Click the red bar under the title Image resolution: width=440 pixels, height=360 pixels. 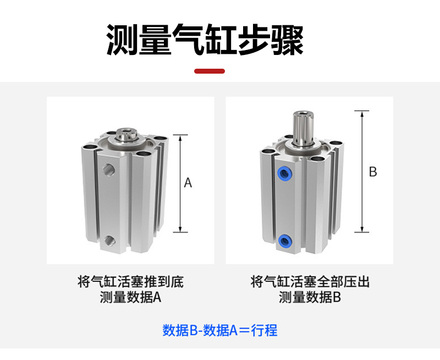point(210,71)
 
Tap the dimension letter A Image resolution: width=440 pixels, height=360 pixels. point(188,183)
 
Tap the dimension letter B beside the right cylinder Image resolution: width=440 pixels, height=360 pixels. point(373,171)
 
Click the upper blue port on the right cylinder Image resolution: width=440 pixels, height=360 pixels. point(284,174)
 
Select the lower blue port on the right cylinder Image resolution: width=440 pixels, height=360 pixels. point(284,241)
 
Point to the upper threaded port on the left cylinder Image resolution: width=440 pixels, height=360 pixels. point(108,169)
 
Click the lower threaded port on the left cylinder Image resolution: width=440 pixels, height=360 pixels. point(109,241)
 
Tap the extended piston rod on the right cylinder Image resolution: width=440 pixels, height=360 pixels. point(302,128)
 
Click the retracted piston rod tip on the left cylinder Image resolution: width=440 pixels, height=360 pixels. point(127,134)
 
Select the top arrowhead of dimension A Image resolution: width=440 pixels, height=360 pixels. point(180,138)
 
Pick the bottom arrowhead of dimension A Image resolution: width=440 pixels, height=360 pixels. point(180,229)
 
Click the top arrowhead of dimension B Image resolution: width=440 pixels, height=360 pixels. point(362,114)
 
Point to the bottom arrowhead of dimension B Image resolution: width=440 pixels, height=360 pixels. point(362,229)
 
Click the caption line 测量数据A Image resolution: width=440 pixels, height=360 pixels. point(130,297)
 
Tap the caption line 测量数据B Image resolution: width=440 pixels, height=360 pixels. point(310,297)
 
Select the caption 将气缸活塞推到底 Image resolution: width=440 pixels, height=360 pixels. point(130,281)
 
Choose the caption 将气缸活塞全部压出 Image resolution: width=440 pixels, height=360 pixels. point(310,281)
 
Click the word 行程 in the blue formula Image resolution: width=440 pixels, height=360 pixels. point(265,330)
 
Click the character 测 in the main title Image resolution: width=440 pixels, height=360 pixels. point(122,40)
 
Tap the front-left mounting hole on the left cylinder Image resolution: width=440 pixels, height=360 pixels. point(90,146)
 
